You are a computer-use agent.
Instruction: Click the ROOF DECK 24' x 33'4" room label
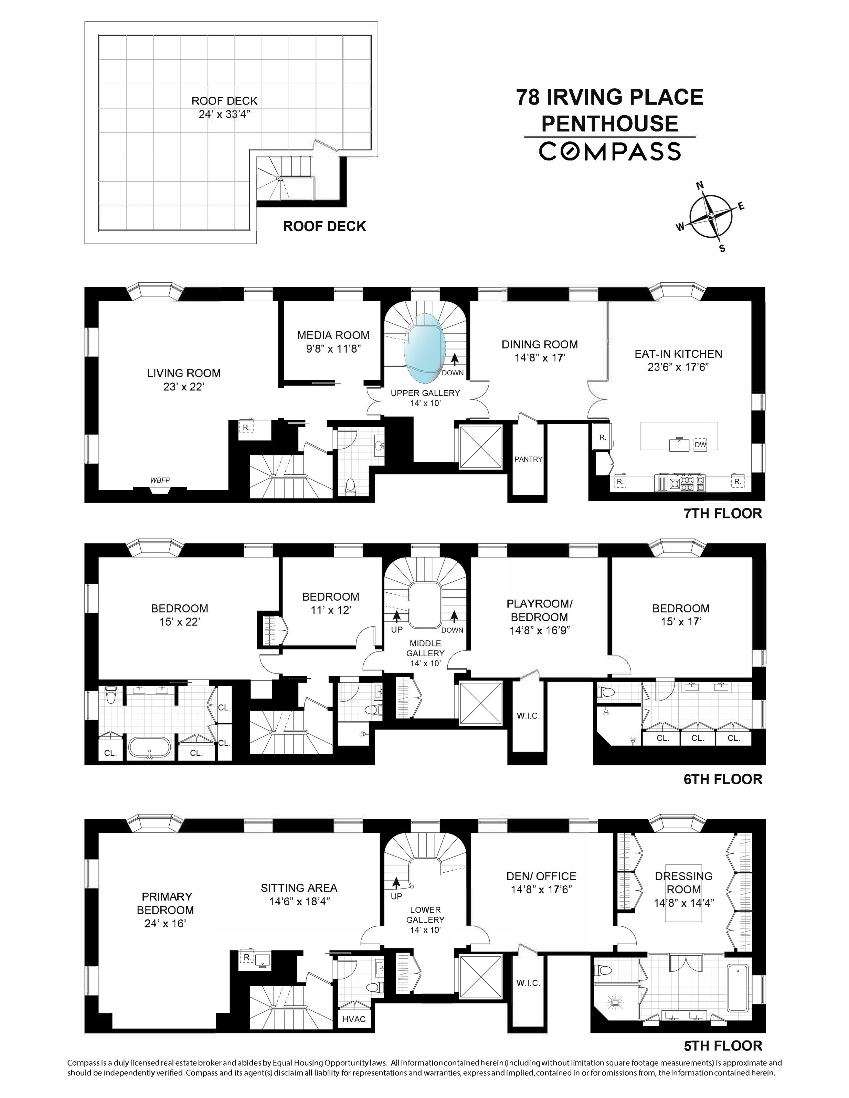click(224, 107)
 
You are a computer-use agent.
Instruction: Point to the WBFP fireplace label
click(160, 480)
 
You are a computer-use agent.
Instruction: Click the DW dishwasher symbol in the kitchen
click(700, 444)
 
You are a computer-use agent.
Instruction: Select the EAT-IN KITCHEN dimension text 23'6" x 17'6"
click(678, 367)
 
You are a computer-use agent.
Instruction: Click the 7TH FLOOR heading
click(723, 513)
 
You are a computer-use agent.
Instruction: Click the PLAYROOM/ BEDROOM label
click(539, 610)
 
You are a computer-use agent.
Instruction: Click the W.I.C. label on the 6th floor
click(528, 716)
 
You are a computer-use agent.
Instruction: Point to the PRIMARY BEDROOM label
click(167, 903)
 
